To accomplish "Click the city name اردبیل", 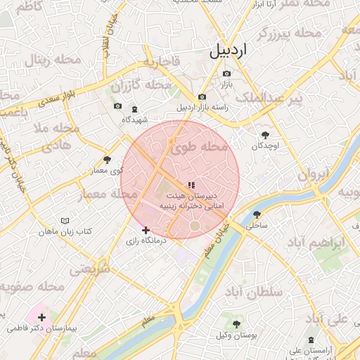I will coord(229,51).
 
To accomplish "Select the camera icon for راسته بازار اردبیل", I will coord(202,97).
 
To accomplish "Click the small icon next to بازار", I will coord(226,73).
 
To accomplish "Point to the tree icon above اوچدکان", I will coord(265,134).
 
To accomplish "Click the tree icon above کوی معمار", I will coord(107,160).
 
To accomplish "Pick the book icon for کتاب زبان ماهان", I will coord(65,221).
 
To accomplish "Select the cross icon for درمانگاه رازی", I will coord(146,230).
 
